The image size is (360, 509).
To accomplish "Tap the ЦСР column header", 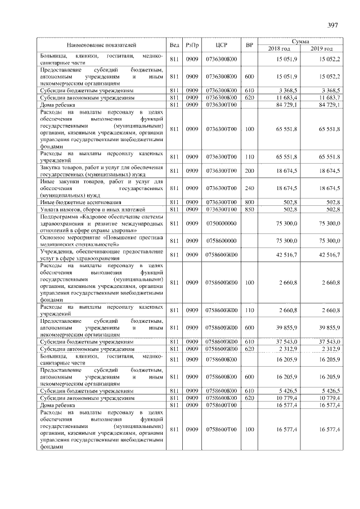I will [221, 44].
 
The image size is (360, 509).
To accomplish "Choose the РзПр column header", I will [192, 44].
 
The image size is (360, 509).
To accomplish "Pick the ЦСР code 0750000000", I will [221, 223].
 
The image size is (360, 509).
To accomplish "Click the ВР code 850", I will [250, 209].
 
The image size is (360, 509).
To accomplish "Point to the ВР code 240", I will [250, 188].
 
